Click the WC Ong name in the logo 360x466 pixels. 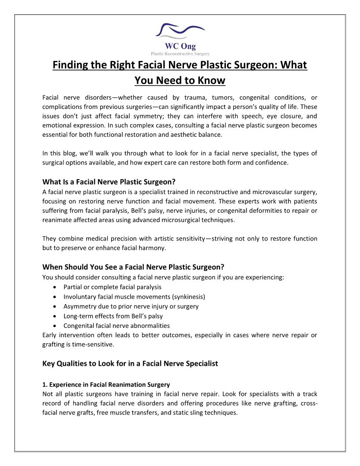[180, 46]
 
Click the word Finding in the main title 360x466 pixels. [71, 65]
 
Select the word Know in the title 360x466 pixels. [211, 81]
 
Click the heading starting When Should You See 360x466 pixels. [133, 267]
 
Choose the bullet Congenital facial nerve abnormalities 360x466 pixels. [116, 326]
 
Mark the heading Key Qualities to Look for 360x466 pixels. [130, 364]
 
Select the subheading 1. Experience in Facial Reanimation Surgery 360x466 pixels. [106, 384]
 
